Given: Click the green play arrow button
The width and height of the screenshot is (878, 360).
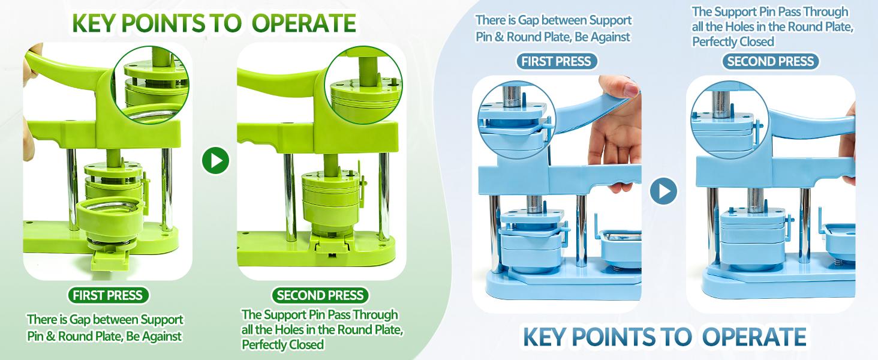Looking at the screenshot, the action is tap(215, 160).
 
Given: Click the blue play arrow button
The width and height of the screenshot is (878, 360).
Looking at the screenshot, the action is tap(663, 191).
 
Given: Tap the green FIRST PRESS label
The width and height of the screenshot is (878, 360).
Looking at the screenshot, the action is tap(108, 295).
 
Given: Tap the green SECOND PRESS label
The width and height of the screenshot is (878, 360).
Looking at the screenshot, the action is tap(320, 295).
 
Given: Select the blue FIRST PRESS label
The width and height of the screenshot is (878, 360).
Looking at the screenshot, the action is tap(556, 61).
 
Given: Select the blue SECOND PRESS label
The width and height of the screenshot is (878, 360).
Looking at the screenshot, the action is tap(770, 61).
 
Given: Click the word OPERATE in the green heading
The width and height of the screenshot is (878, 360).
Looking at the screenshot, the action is tap(304, 23).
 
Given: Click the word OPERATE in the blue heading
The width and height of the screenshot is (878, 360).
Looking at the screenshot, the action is tap(754, 337).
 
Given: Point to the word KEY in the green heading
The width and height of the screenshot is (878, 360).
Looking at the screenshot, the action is tap(94, 23).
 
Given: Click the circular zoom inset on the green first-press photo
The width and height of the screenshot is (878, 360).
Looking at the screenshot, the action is tap(151, 85).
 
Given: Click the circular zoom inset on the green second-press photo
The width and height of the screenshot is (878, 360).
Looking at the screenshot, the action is tap(364, 85).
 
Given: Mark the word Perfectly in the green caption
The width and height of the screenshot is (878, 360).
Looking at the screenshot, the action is tap(265, 345).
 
